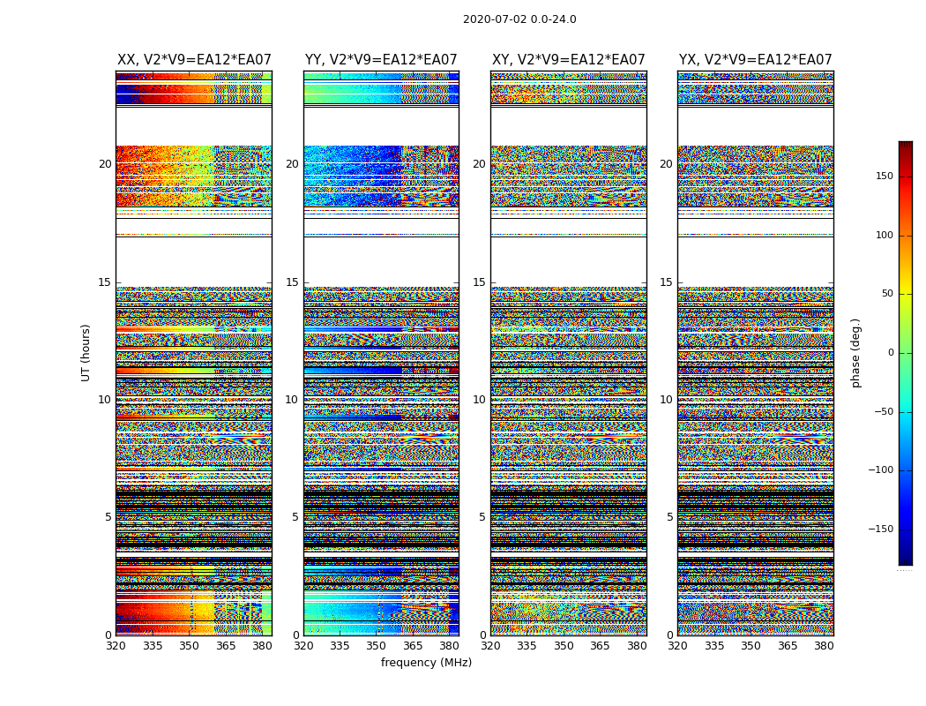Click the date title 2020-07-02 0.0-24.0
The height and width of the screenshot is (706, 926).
(x=519, y=19)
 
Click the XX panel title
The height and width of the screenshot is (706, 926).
(x=194, y=60)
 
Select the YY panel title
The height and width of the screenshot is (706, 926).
(x=381, y=60)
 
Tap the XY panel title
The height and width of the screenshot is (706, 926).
(x=569, y=60)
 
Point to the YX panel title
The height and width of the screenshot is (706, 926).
(x=756, y=60)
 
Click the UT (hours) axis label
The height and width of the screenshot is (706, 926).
(x=86, y=352)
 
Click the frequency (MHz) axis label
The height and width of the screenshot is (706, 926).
(x=426, y=663)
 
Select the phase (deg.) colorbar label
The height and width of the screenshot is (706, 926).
(x=855, y=352)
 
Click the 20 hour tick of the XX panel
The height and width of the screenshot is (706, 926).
(x=105, y=164)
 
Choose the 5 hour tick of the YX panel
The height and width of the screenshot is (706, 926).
(x=669, y=517)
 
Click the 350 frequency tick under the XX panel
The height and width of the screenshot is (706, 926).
(x=190, y=645)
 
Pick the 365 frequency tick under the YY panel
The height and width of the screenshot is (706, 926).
(x=414, y=645)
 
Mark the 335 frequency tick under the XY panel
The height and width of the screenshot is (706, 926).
(x=526, y=645)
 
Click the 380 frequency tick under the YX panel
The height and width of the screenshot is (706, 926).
(x=824, y=645)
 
